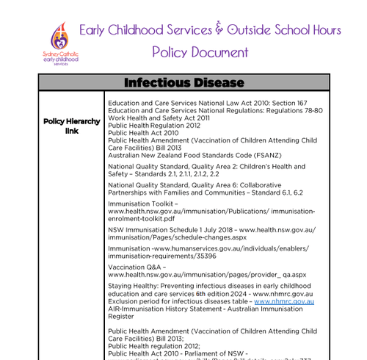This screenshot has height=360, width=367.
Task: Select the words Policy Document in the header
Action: pyautogui.click(x=200, y=52)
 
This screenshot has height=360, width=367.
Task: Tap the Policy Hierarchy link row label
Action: pyautogui.click(x=71, y=126)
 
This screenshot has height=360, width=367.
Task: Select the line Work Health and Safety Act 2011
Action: pyautogui.click(x=159, y=118)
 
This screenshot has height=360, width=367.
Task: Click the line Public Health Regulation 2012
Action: pyautogui.click(x=153, y=125)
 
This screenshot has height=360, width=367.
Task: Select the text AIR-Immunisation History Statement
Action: pyautogui.click(x=173, y=309)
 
